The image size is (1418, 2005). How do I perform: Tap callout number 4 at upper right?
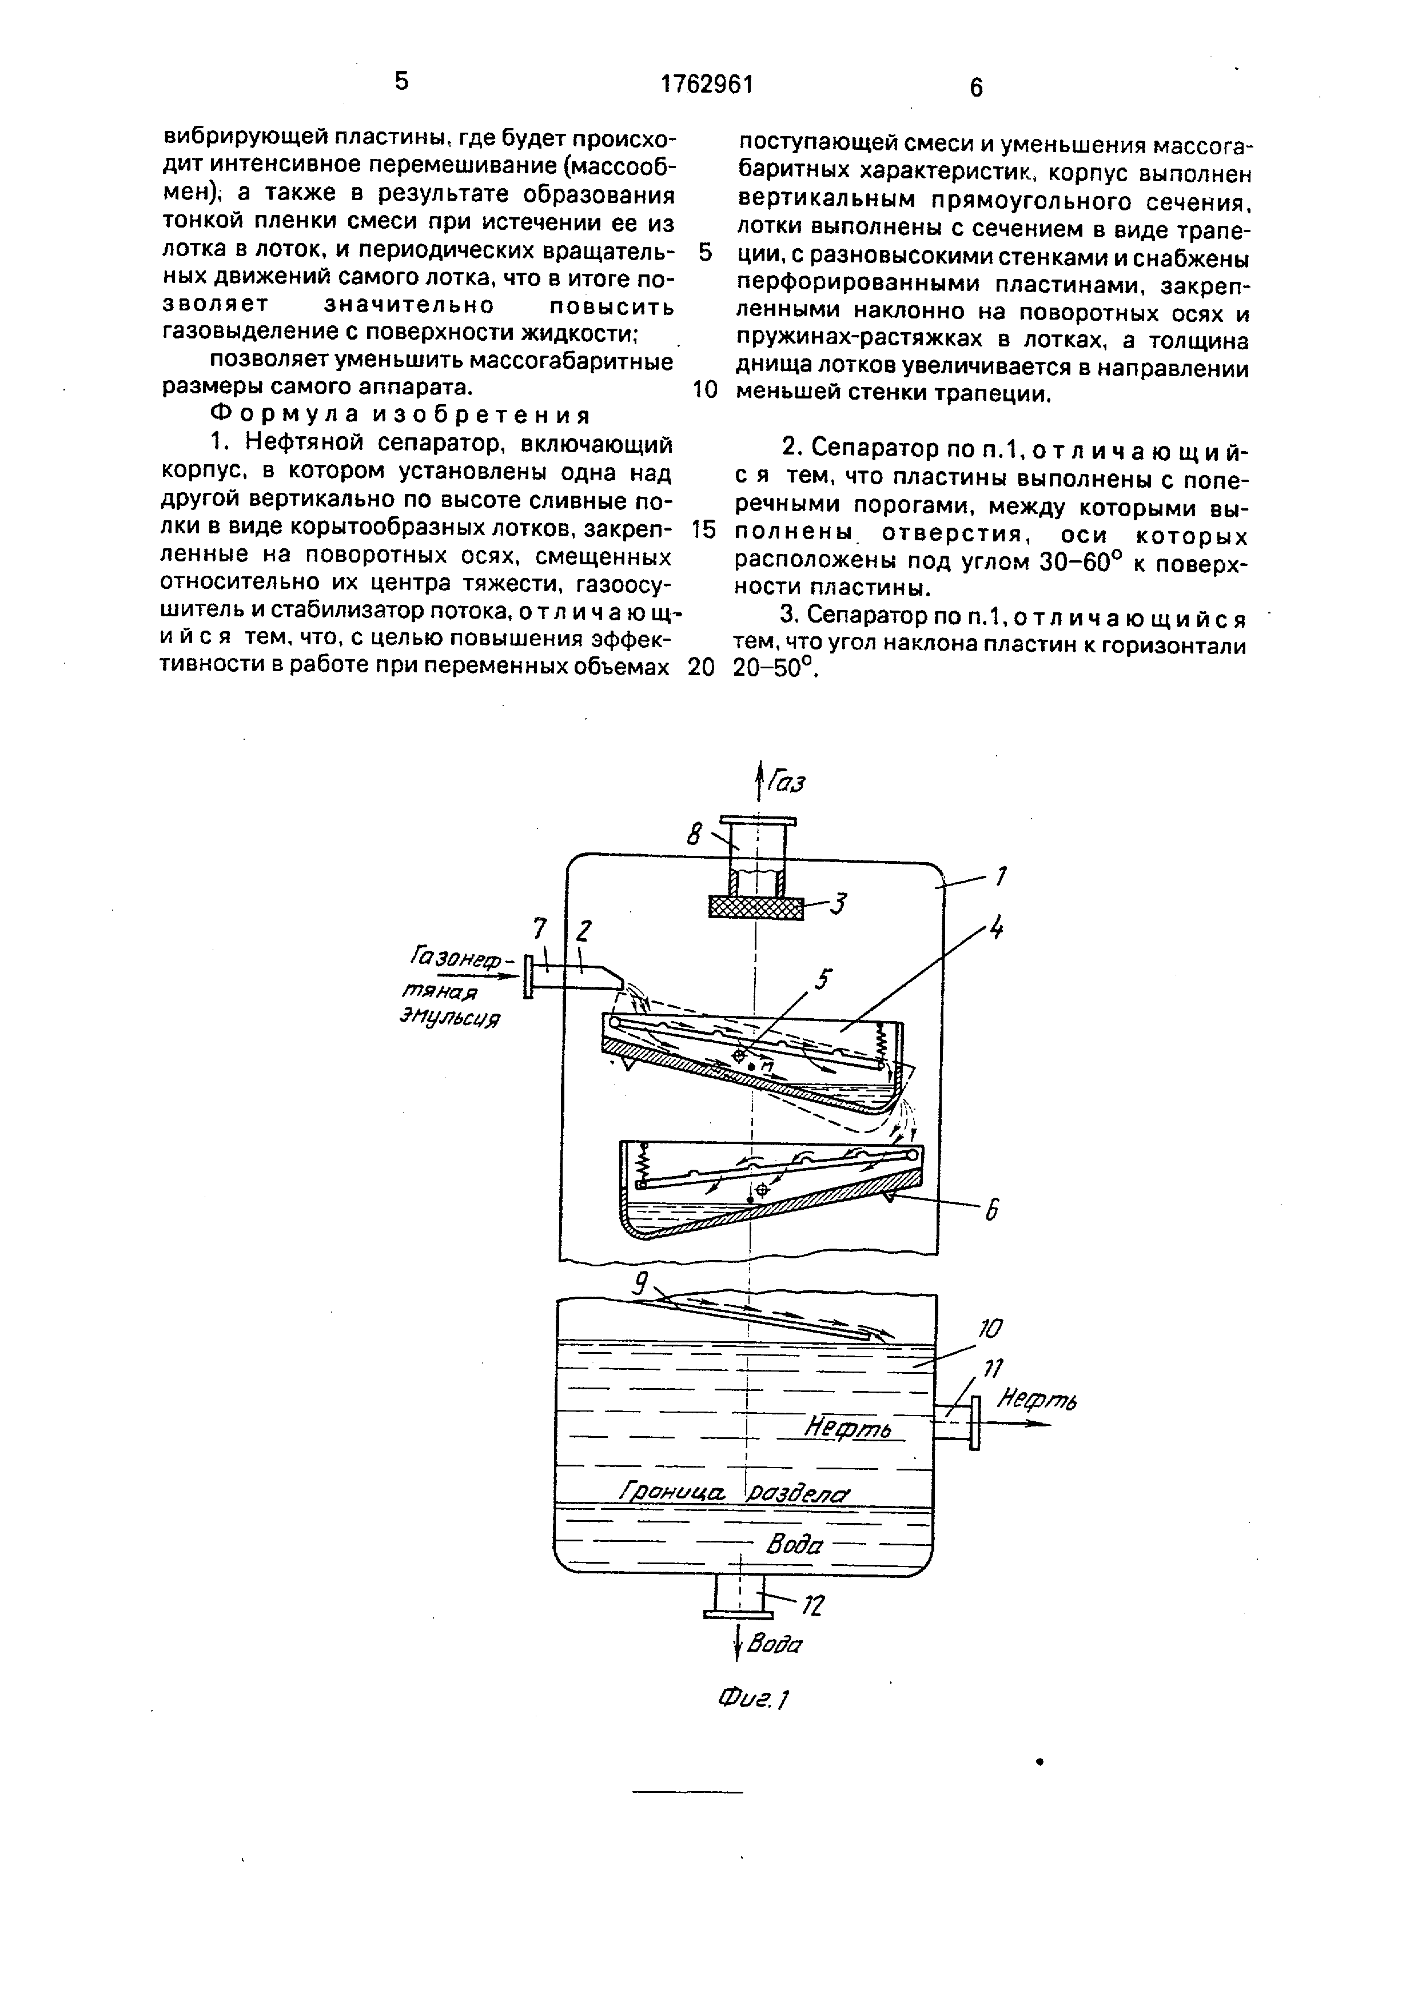click(x=995, y=930)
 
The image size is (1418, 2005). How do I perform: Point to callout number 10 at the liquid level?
click(x=989, y=1329)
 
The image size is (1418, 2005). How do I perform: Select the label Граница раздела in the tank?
click(x=732, y=1492)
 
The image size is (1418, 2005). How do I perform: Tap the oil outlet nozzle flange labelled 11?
click(x=974, y=1422)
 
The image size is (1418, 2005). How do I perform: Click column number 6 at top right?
click(x=975, y=87)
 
